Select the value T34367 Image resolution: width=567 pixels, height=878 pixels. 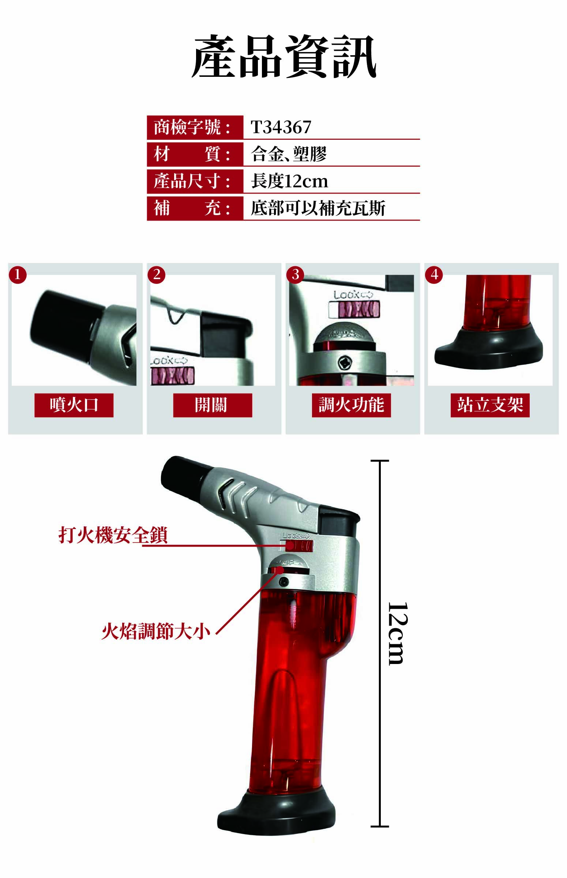tap(281, 127)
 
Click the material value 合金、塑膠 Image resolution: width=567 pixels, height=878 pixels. tap(289, 154)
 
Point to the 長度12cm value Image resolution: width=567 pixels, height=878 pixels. tap(289, 181)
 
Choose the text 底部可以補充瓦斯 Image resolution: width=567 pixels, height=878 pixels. tap(318, 209)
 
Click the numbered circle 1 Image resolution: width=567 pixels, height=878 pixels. tap(18, 275)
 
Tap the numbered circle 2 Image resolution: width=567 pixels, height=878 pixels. tap(157, 275)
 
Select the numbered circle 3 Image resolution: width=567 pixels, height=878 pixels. tap(295, 275)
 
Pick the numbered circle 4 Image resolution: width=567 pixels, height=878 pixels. tap(434, 275)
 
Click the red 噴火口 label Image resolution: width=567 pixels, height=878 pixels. tap(74, 405)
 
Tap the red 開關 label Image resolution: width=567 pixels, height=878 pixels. tap(213, 405)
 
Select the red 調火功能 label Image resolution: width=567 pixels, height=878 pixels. tap(351, 405)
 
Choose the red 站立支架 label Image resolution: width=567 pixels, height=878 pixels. tap(490, 405)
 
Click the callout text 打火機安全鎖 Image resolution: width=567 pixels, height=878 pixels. tap(113, 535)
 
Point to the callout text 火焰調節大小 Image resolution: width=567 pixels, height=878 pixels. tap(156, 631)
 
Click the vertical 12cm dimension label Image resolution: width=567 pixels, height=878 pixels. tap(398, 633)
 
